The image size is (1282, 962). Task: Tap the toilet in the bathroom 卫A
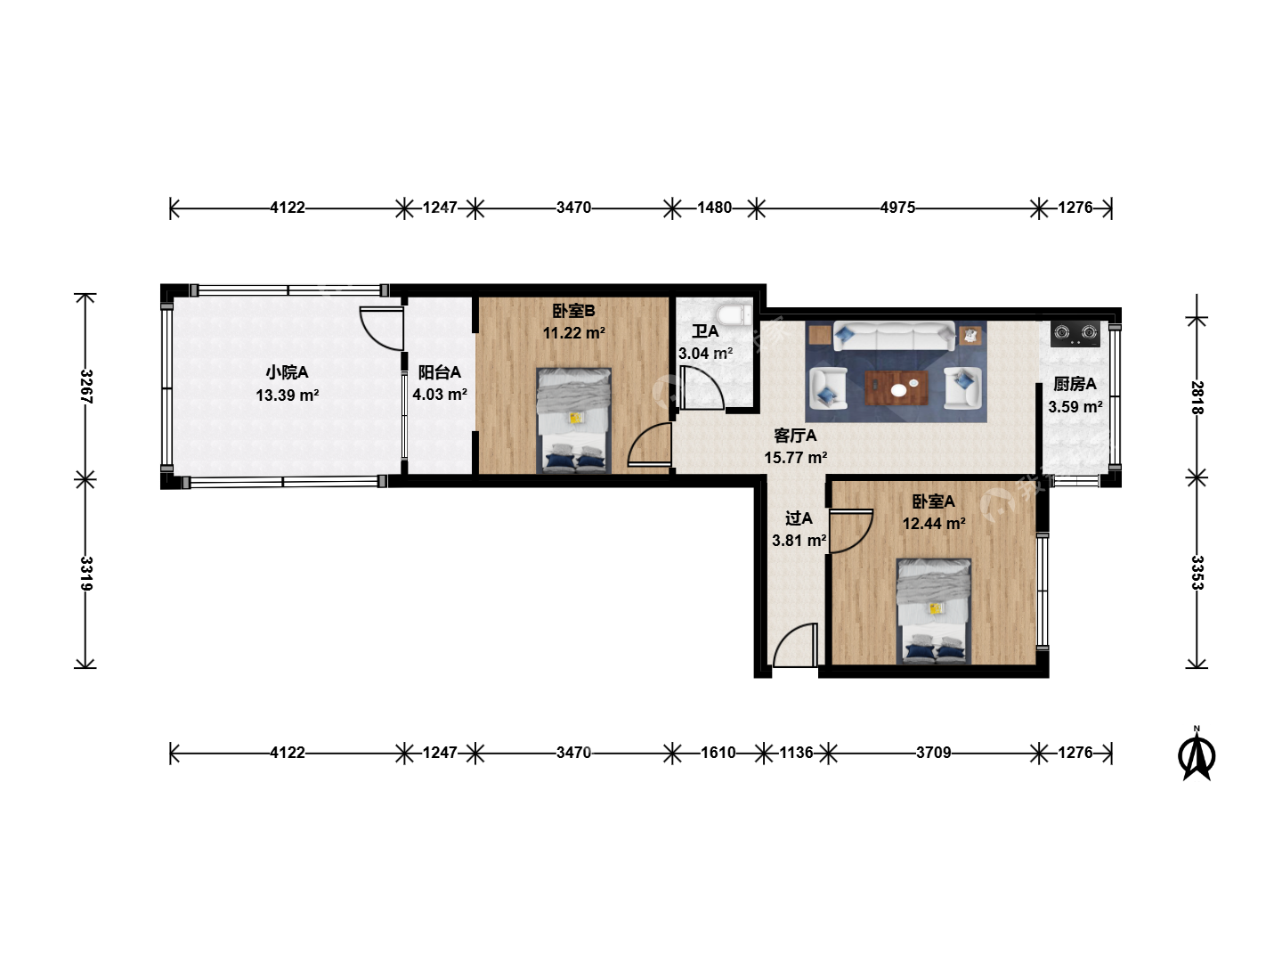tap(734, 314)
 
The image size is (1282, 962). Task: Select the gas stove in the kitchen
tap(1075, 333)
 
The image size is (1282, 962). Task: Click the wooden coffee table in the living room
tap(896, 387)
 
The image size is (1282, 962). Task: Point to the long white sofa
tap(894, 336)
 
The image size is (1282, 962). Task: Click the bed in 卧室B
tap(574, 420)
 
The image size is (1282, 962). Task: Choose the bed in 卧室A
tap(934, 612)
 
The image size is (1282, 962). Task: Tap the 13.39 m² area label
tap(288, 395)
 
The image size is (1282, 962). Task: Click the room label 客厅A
tap(795, 436)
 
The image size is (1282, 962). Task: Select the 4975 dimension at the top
tap(897, 208)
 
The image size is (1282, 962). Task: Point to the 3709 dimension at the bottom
tap(933, 753)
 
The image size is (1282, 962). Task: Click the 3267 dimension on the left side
tap(85, 386)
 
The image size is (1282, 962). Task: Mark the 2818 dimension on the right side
tap(1197, 397)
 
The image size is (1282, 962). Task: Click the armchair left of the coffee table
tap(828, 388)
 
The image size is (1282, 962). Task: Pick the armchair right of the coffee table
tap(962, 387)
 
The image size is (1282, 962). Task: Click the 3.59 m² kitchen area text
tap(1075, 406)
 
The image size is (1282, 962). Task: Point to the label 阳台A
tap(439, 372)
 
